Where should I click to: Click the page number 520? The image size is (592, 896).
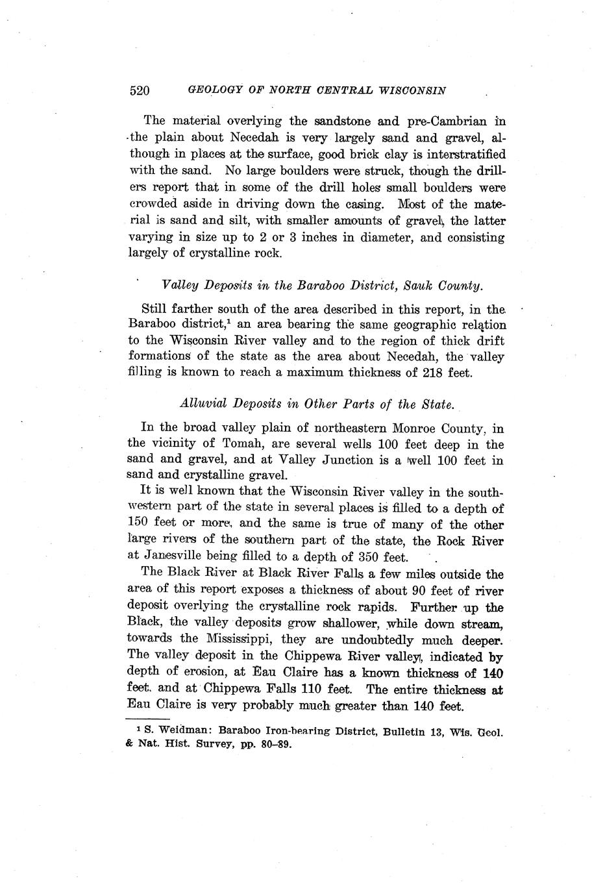(x=140, y=90)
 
